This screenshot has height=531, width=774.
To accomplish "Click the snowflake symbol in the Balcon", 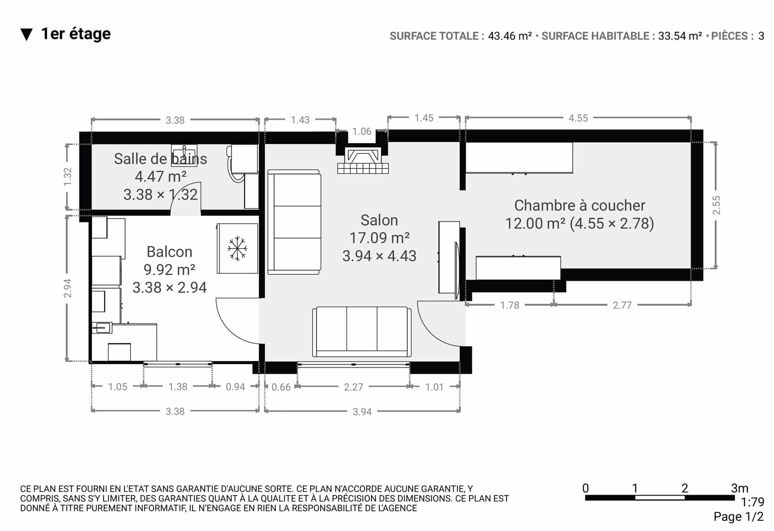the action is point(238,248).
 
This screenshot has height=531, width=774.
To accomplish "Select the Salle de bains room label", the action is point(161,159).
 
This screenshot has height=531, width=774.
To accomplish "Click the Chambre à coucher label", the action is point(579,205).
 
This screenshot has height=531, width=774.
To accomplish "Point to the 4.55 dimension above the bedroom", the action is point(578,118).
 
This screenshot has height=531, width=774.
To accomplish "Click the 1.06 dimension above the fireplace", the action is point(362,131).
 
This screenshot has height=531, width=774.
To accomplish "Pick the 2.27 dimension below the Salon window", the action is point(353,387).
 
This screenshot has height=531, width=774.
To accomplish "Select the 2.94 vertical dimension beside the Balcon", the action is point(68,288).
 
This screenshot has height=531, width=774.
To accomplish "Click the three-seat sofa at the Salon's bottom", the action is point(362,331).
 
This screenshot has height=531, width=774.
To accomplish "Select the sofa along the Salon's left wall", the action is point(294,222).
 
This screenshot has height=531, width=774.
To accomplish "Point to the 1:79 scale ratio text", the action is point(753,502).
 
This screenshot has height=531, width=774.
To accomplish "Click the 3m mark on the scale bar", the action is point(740,489).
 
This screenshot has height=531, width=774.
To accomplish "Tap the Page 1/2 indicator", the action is point(739,517).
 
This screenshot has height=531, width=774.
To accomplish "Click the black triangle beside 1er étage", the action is point(27,35).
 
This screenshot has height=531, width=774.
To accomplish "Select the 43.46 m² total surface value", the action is point(510,36).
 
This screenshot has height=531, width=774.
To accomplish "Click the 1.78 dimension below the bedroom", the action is point(510,305).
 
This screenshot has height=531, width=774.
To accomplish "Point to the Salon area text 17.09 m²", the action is point(379,238).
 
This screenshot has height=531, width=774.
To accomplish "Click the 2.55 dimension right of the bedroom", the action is point(716,205).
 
